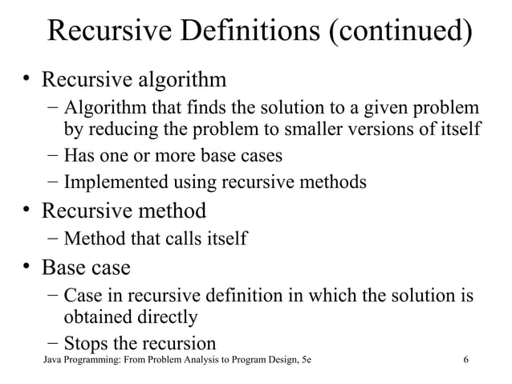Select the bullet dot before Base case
26,265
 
